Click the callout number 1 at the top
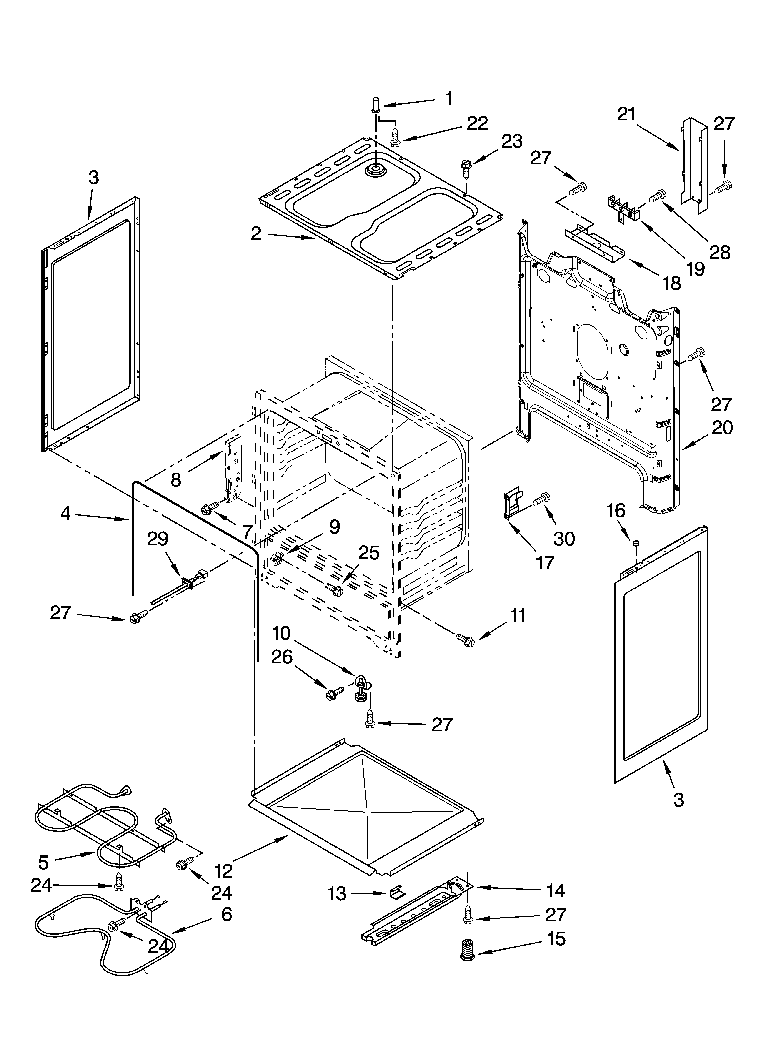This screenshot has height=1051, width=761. (448, 99)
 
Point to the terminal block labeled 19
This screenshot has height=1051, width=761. (623, 206)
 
